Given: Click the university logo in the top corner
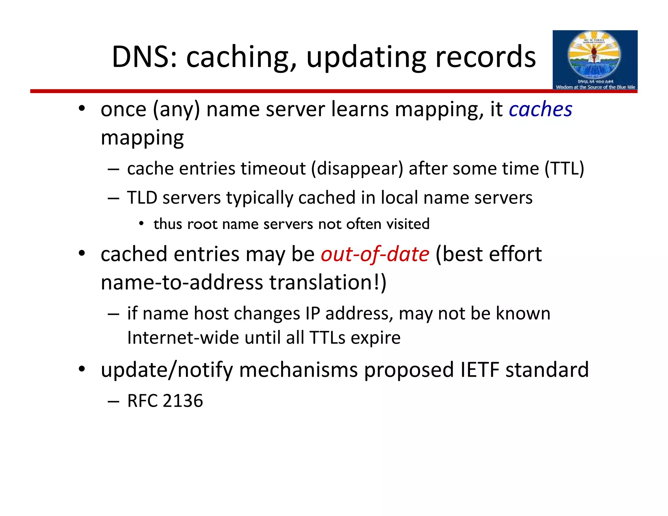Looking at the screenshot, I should point(595,60).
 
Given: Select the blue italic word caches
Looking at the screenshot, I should point(540,109).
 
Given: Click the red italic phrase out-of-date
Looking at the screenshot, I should point(375,254).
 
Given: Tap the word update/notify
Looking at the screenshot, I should point(166,370).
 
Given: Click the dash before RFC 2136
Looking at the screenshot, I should point(113,401).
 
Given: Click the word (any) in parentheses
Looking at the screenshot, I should point(176,109).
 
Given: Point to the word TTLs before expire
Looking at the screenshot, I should point(327,338).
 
